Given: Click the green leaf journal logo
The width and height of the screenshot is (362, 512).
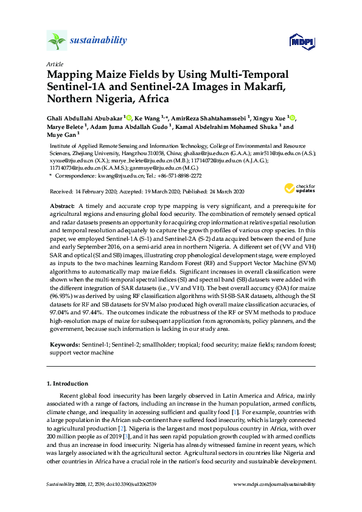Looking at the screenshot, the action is pos(57,41).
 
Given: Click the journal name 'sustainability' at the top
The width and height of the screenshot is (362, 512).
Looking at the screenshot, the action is pos(99,41).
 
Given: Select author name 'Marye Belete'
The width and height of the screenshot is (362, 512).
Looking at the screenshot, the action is pos(65,127).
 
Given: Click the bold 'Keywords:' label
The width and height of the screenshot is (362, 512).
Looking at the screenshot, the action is pos(64,345).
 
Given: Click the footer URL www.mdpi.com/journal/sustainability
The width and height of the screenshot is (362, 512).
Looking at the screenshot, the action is pos(275,484).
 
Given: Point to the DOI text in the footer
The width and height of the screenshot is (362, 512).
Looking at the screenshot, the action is pos(122,484).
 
